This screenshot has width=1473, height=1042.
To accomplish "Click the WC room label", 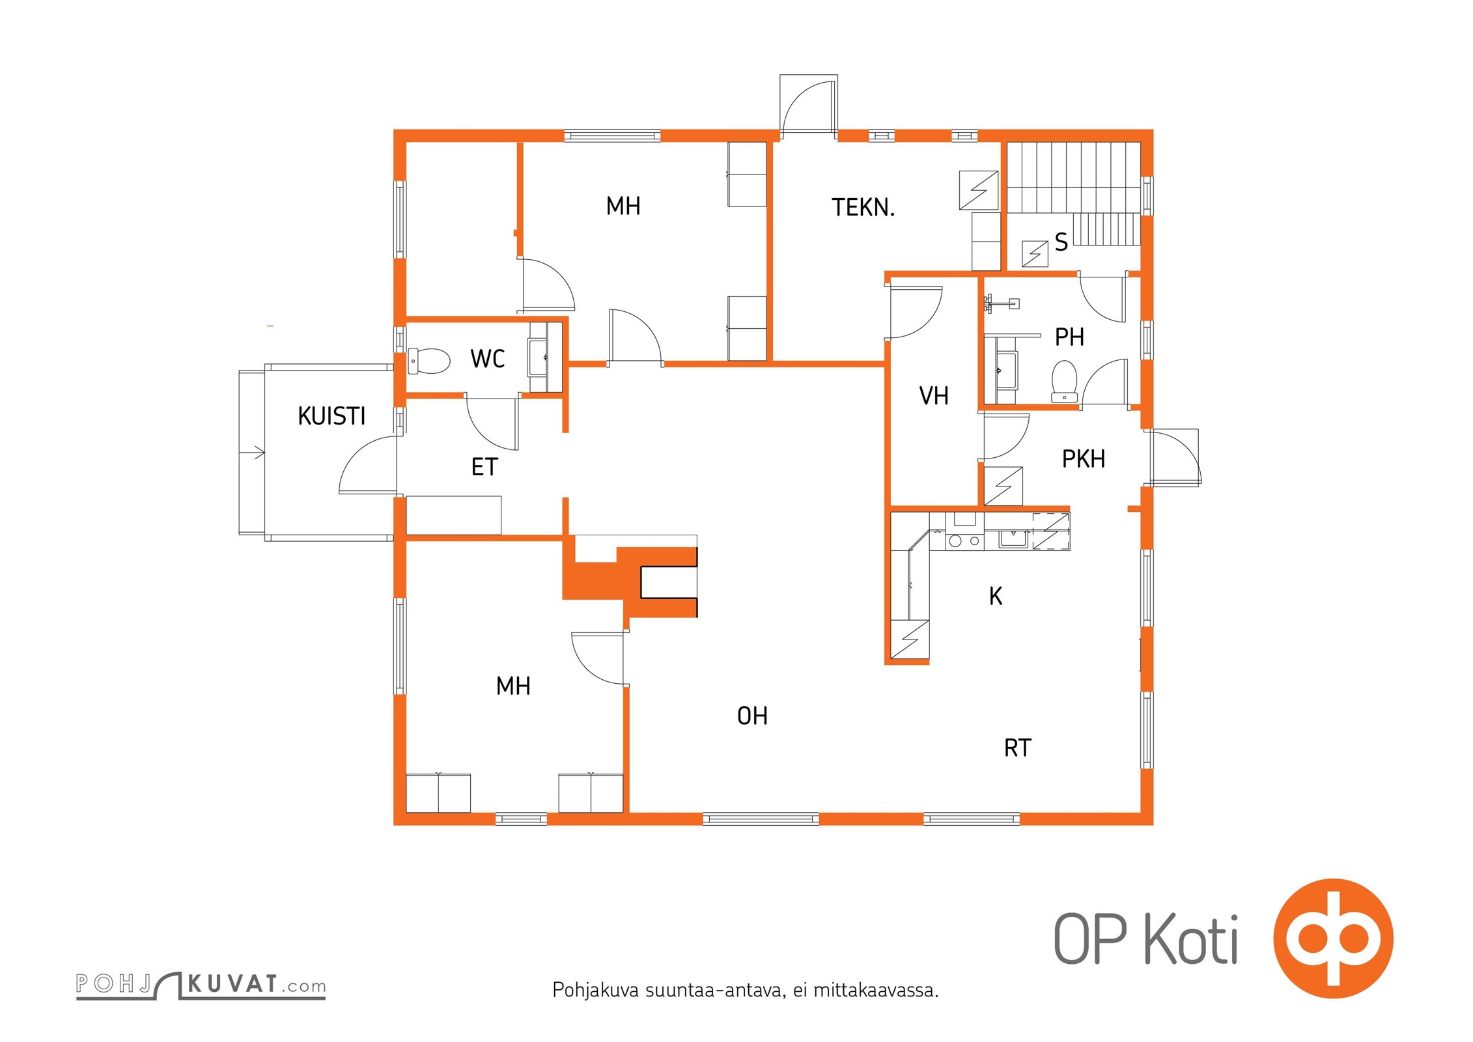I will pyautogui.click(x=487, y=359).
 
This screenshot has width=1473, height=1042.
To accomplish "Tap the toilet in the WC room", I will pyautogui.click(x=429, y=361).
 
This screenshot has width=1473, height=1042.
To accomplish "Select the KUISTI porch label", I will pyautogui.click(x=331, y=416).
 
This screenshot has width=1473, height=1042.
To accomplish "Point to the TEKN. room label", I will pyautogui.click(x=863, y=208).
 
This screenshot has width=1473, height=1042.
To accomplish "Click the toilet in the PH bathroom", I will pyautogui.click(x=1065, y=380).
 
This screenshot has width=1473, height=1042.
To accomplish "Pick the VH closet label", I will pyautogui.click(x=933, y=396).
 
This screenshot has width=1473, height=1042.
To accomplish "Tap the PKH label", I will pyautogui.click(x=1084, y=459).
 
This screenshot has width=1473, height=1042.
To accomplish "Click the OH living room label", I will pyautogui.click(x=752, y=716).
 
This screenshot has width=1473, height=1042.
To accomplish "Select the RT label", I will pyautogui.click(x=1018, y=748).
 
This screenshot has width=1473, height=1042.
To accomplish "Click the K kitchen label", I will pyautogui.click(x=995, y=596).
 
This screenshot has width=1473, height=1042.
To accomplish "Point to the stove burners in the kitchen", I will pyautogui.click(x=964, y=541).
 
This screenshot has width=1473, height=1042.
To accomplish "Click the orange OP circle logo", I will pyautogui.click(x=1332, y=938).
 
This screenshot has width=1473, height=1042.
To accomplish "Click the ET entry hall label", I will pyautogui.click(x=484, y=467).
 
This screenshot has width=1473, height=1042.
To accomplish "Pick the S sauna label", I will pyautogui.click(x=1061, y=242).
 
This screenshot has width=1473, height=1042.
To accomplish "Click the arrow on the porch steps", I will pyautogui.click(x=259, y=452).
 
